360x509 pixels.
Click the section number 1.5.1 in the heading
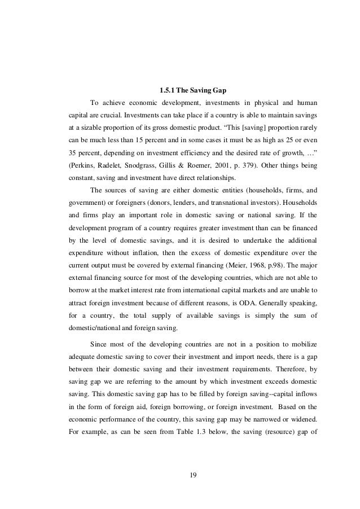tap(168, 89)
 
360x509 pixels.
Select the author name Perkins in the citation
tap(81, 167)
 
